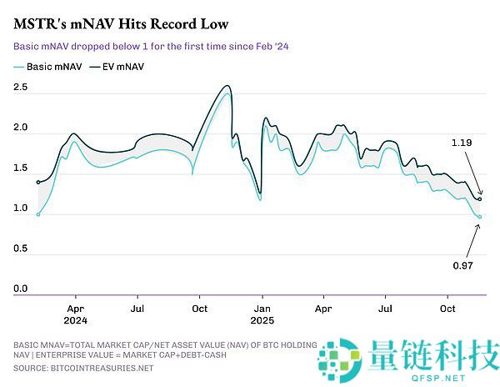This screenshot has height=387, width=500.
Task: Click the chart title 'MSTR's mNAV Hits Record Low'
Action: pyautogui.click(x=121, y=23)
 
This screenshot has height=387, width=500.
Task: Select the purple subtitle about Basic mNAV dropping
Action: pyautogui.click(x=154, y=47)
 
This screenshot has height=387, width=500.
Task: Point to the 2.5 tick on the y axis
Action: pyautogui.click(x=21, y=87)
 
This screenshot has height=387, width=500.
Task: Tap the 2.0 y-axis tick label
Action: pyautogui.click(x=21, y=128)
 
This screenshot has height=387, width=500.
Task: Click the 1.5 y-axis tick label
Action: pyautogui.click(x=21, y=168)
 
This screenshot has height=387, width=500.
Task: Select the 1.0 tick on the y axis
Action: pyautogui.click(x=21, y=209)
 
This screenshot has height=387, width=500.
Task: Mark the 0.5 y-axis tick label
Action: pyautogui.click(x=21, y=249)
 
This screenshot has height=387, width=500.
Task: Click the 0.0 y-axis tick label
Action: pyautogui.click(x=21, y=289)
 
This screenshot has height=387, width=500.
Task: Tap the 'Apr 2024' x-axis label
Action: pyautogui.click(x=75, y=312)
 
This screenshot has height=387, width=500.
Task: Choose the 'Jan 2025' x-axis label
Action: pyautogui.click(x=262, y=312)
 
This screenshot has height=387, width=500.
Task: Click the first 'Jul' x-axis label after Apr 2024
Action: pyautogui.click(x=137, y=306)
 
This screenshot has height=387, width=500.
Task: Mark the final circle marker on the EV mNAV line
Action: pyautogui.click(x=480, y=199)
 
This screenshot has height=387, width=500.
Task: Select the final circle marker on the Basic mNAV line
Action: pyautogui.click(x=480, y=217)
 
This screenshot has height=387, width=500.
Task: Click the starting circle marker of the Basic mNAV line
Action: pyautogui.click(x=37, y=214)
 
